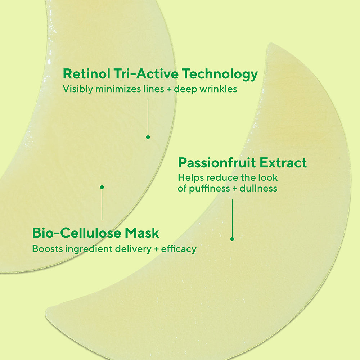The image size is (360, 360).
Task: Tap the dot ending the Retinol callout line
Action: (148, 137)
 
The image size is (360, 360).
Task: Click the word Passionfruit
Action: (218, 163)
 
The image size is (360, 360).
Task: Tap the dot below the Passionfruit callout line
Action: (232, 239)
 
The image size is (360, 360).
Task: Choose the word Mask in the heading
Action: (142, 233)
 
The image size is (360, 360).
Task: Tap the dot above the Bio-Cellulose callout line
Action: (102, 187)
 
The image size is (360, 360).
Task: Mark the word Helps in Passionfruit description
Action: (188, 177)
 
